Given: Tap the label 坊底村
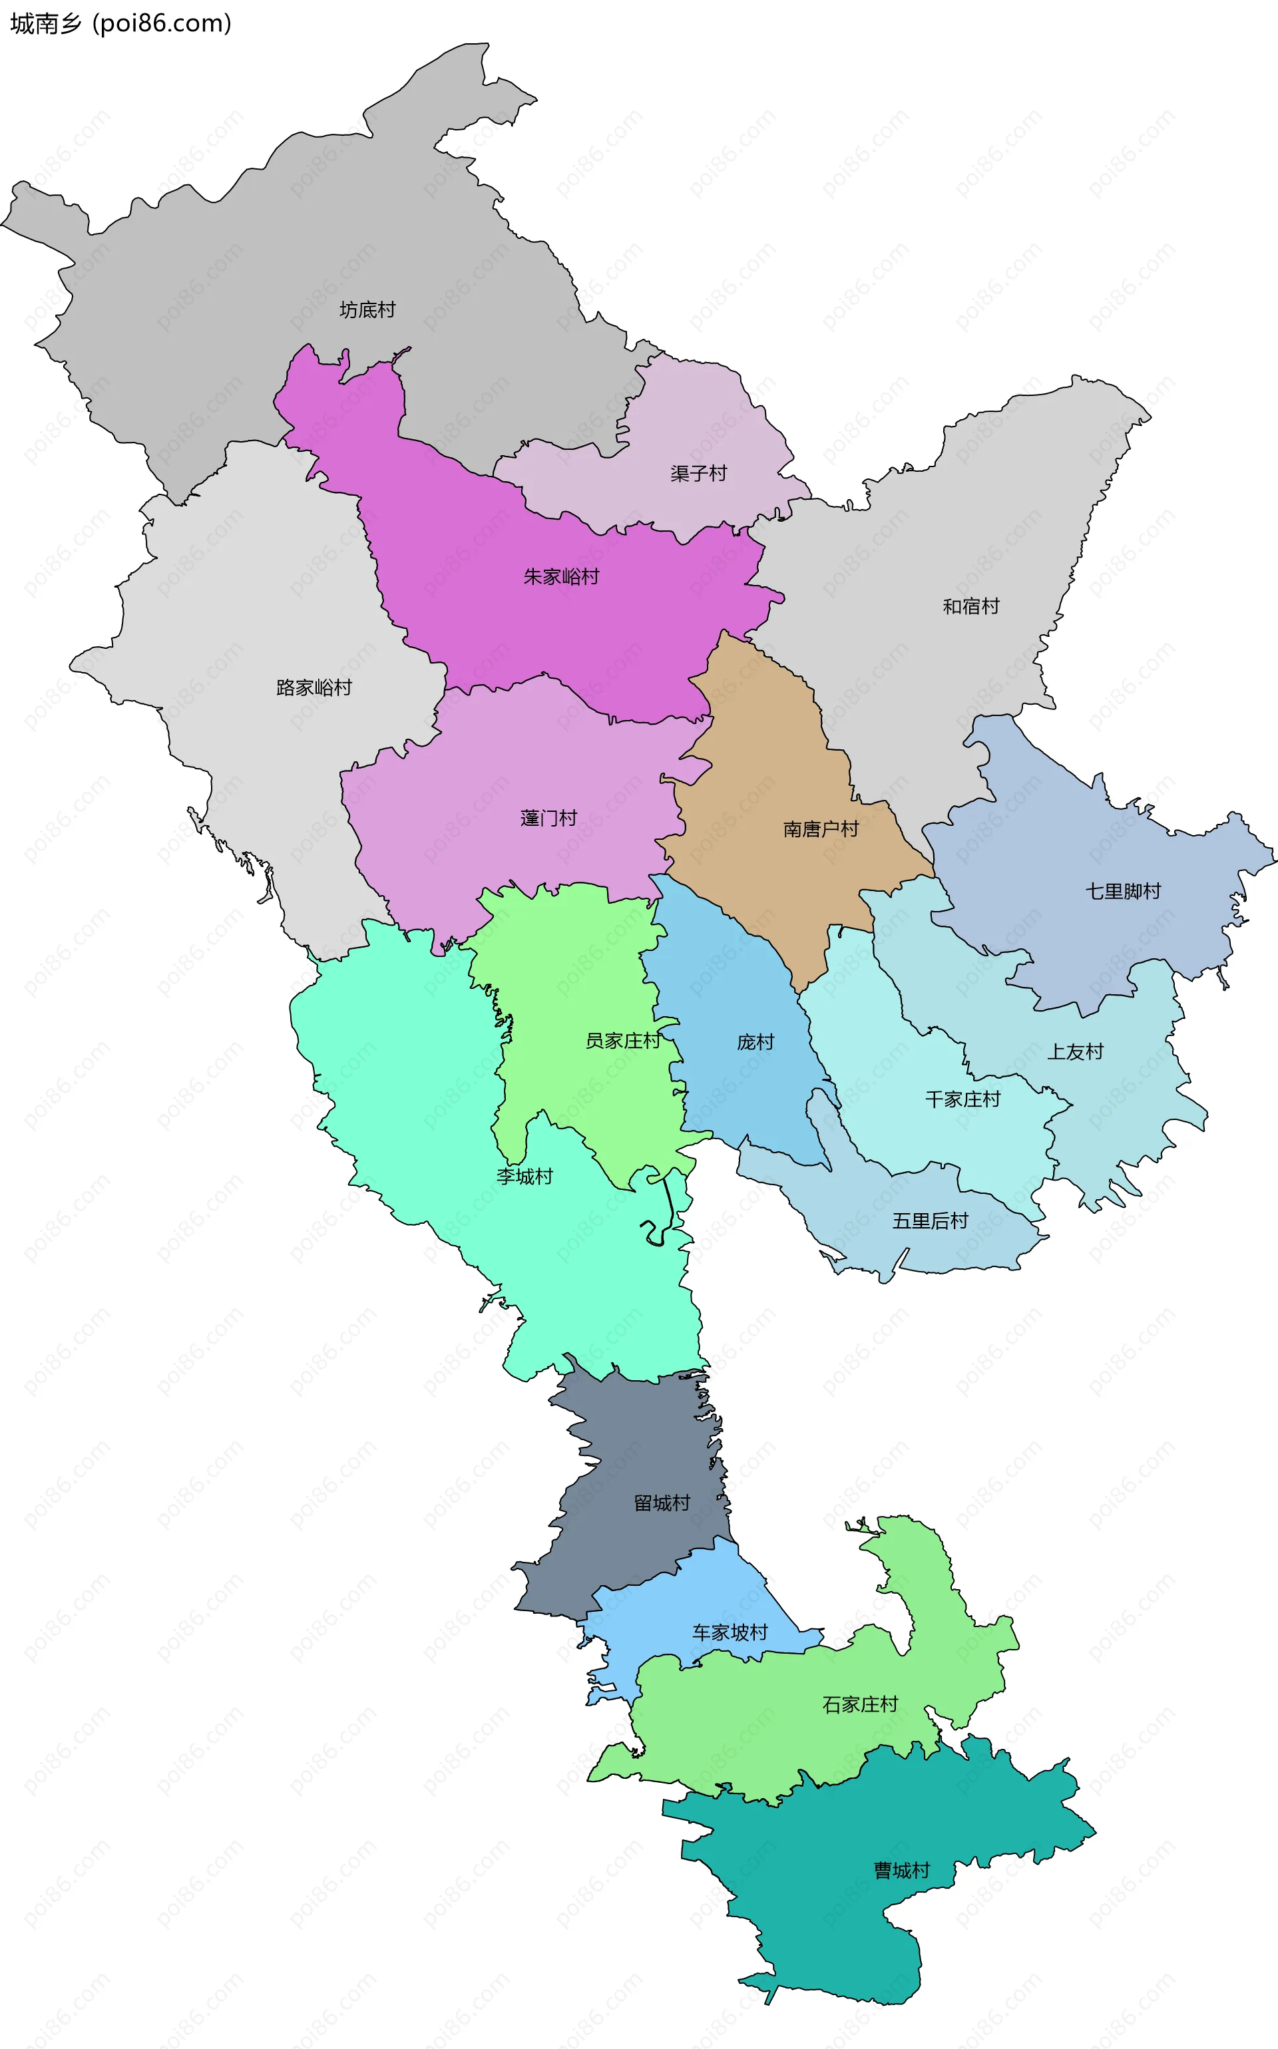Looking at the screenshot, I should (367, 310).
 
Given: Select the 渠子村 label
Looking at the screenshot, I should (698, 473).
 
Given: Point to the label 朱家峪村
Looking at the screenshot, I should (561, 576).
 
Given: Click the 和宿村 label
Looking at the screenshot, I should (970, 606).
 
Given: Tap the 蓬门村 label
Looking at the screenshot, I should (548, 818).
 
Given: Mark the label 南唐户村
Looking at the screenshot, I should (820, 829).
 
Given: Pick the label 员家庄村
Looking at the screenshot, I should (622, 1040).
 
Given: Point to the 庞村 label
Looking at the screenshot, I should (755, 1042).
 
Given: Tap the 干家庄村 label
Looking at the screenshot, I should (962, 1099).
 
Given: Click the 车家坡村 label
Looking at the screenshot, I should (730, 1632).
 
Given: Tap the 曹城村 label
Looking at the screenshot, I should (901, 1870).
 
